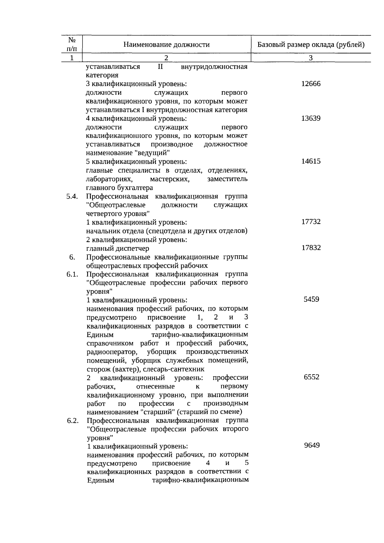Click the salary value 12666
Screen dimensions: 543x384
[x=311, y=84]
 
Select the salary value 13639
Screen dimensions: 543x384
[x=311, y=118]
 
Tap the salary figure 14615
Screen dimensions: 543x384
[x=311, y=161]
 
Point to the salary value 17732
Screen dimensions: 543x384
[x=311, y=222]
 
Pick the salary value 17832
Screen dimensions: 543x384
[x=311, y=248]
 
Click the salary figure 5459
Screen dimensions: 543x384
[x=311, y=299]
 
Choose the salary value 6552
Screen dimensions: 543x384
[x=311, y=377]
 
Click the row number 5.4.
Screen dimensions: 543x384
[x=72, y=196]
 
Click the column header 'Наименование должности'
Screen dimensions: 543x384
[x=166, y=44]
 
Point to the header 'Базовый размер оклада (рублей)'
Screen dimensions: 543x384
[x=311, y=44]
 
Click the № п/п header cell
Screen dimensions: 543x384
[x=72, y=44]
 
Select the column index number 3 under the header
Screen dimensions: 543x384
[x=311, y=58]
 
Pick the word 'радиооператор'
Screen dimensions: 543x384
[x=112, y=352]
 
